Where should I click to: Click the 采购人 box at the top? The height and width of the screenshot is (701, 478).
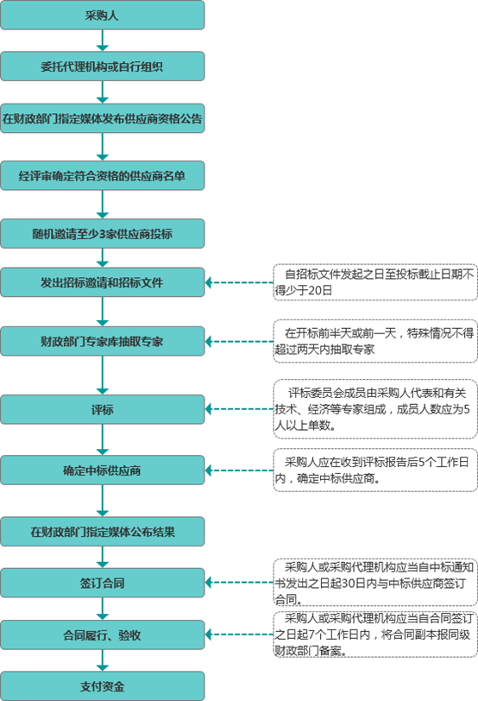[x=103, y=15]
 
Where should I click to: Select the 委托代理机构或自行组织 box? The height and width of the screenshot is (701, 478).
[x=103, y=66]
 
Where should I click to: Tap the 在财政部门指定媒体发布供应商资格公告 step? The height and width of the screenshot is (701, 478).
[x=103, y=119]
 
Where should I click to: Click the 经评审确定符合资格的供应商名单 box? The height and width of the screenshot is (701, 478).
[x=103, y=177]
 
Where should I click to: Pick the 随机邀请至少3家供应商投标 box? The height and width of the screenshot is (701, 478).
[x=103, y=234]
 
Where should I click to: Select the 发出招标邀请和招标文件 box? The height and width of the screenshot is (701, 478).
[x=103, y=282]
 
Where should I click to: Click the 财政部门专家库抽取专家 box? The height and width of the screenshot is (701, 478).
[x=103, y=341]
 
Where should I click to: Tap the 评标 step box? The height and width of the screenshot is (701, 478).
[x=103, y=409]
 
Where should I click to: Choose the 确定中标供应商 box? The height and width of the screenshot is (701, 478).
[x=103, y=470]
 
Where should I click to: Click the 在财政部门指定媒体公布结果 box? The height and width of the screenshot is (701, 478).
[x=103, y=531]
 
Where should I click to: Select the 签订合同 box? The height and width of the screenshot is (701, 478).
[x=103, y=583]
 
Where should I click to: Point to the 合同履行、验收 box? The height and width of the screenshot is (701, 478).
[x=103, y=635]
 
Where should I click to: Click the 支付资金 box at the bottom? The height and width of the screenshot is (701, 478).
[x=103, y=686]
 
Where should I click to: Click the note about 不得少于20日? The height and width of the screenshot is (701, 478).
[x=375, y=282]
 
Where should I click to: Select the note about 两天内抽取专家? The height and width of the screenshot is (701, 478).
[x=375, y=340]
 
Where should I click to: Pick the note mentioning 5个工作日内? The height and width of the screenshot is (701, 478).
[x=375, y=470]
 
